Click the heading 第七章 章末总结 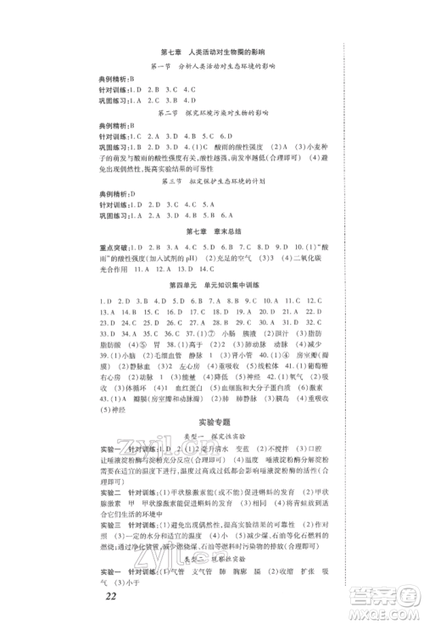[211, 230]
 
